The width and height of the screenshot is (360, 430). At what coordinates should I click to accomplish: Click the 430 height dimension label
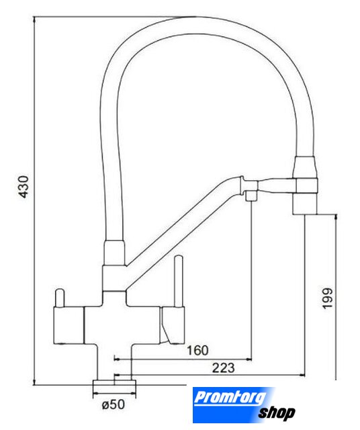point(24,187)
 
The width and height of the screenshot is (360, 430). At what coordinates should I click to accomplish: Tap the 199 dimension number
point(327,298)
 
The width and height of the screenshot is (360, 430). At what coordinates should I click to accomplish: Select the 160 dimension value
point(197,351)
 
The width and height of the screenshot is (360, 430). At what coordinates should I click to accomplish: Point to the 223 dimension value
point(223,368)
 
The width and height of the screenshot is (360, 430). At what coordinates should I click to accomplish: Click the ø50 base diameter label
point(114,404)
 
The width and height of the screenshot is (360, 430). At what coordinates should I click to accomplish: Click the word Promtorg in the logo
point(230,397)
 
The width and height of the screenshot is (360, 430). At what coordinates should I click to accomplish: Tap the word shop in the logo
point(277,413)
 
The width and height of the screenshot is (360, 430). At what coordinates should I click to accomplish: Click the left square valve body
point(69,325)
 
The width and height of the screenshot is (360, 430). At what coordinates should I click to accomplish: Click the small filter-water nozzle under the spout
point(251,196)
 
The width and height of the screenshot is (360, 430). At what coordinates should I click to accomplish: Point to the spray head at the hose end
point(306,185)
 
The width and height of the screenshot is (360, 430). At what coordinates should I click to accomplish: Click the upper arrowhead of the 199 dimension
point(336,216)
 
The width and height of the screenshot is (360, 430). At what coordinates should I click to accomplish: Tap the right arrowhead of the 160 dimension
point(249,359)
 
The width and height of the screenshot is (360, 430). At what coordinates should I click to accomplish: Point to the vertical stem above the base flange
point(114,362)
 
